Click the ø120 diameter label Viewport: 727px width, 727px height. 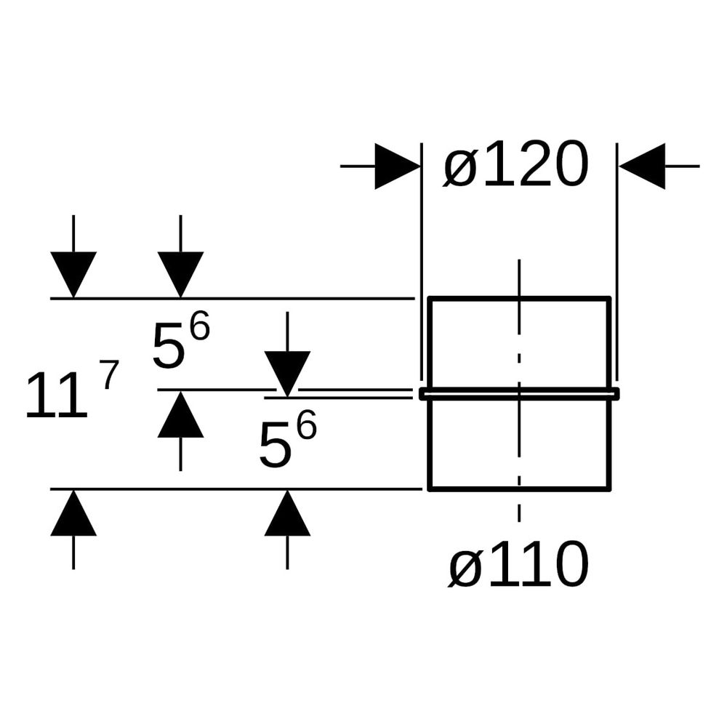click(x=515, y=164)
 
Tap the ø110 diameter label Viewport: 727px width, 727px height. click(x=518, y=564)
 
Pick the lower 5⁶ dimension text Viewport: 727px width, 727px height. click(x=287, y=438)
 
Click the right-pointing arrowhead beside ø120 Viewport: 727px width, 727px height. click(x=398, y=166)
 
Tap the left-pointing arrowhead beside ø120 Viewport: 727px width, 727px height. click(x=642, y=166)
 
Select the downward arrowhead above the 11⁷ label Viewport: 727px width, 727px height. click(x=73, y=275)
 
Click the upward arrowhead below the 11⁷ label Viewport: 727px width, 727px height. click(x=73, y=513)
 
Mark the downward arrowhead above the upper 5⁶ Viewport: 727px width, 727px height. click(x=180, y=275)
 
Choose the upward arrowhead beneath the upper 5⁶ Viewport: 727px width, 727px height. click(x=180, y=414)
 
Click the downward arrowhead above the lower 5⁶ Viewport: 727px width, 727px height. click(x=287, y=374)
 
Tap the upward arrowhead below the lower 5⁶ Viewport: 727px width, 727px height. click(x=287, y=513)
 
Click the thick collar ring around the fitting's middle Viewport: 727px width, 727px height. click(x=519, y=393)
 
